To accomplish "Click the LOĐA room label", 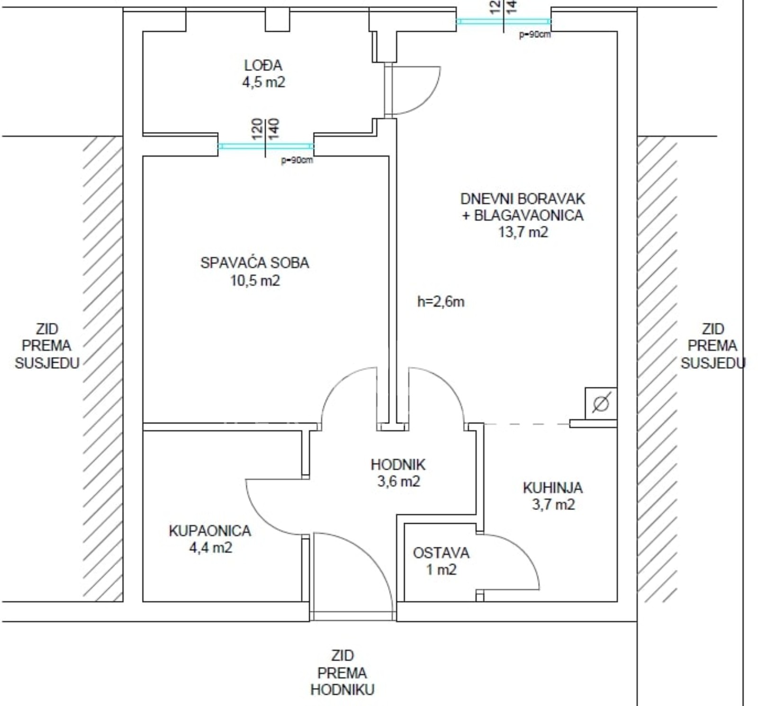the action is pyautogui.click(x=263, y=65).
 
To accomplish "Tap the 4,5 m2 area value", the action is pyautogui.click(x=263, y=82).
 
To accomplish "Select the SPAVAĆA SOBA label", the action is pyautogui.click(x=254, y=262).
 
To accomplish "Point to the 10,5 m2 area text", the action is pyautogui.click(x=255, y=280).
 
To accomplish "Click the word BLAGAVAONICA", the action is pyautogui.click(x=529, y=215).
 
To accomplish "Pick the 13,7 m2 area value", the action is pyautogui.click(x=523, y=232).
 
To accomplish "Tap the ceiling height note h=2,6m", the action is pyautogui.click(x=441, y=302).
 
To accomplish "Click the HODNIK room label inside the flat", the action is pyautogui.click(x=398, y=465).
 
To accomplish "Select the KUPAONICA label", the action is pyautogui.click(x=210, y=531).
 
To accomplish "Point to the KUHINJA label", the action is pyautogui.click(x=553, y=488).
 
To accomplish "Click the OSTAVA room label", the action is pyautogui.click(x=441, y=553).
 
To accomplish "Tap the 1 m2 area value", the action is pyautogui.click(x=441, y=570).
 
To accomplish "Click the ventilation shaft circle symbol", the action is pyautogui.click(x=601, y=403).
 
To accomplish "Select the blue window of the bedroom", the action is pyautogui.click(x=266, y=146).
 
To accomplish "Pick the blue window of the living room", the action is pyautogui.click(x=504, y=21).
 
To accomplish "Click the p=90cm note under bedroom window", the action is pyautogui.click(x=297, y=160).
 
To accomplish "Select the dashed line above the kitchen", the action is pyautogui.click(x=526, y=424).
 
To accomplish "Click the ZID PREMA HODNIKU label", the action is pyautogui.click(x=342, y=672).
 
